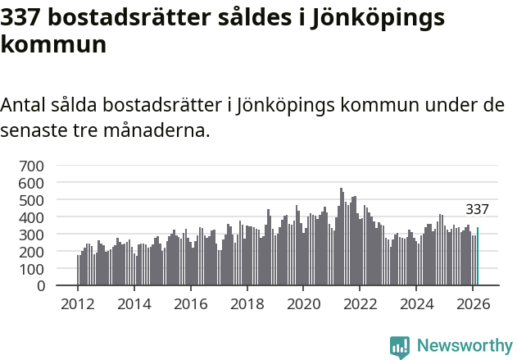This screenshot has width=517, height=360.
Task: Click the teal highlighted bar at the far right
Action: (478, 257)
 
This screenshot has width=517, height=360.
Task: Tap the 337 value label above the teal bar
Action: (477, 210)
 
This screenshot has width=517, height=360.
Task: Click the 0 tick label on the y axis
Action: (39, 286)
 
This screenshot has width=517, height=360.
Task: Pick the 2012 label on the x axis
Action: (78, 303)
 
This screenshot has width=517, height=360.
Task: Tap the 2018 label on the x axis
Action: (247, 303)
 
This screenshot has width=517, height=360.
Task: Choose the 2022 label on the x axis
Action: (360, 303)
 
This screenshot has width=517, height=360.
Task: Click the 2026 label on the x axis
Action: (472, 303)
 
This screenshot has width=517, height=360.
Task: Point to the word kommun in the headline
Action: (53, 44)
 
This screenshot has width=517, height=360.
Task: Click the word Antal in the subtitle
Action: (24, 106)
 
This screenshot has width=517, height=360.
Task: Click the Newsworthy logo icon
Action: (400, 347)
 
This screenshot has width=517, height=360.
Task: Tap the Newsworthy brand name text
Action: (464, 346)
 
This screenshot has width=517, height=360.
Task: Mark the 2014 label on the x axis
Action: (134, 303)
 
